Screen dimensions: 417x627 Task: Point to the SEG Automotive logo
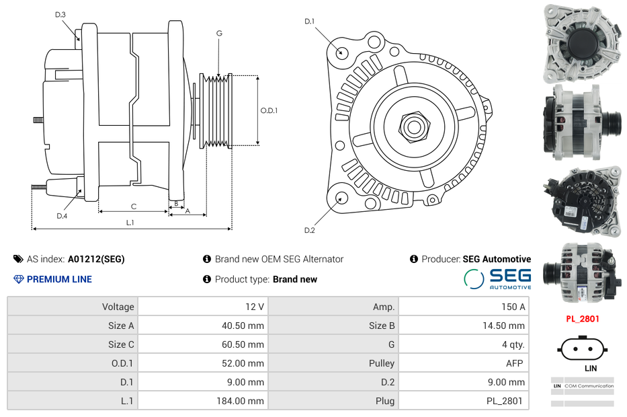coord(497,278)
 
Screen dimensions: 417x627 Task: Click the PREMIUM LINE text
coord(59,279)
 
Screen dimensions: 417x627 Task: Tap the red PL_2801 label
coord(582,319)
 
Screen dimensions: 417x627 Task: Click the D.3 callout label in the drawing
coord(60,14)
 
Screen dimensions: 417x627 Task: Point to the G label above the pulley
coord(219,33)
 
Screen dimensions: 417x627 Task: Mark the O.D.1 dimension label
coord(269,110)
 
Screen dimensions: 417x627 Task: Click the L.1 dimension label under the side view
coord(130,223)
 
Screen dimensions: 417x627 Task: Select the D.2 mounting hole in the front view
coord(341,198)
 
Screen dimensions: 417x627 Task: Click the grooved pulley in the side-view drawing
coord(216,110)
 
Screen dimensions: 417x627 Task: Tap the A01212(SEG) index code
coord(96,259)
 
